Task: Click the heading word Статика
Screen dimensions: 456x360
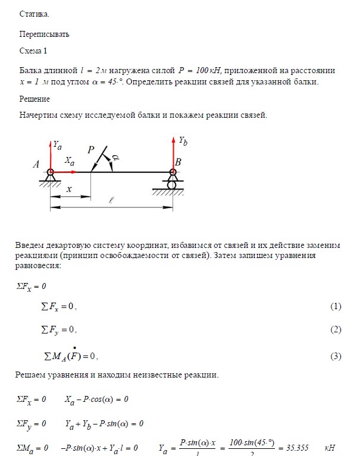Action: [x=34, y=13]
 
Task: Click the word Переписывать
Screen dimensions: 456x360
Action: [x=44, y=34]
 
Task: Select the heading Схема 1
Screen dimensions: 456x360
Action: [x=37, y=52]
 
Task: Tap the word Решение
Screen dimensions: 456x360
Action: [x=34, y=99]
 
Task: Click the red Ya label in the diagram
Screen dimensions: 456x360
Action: [x=57, y=144]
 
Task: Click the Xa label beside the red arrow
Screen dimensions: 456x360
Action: [x=69, y=161]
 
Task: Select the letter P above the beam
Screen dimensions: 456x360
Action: [x=91, y=150]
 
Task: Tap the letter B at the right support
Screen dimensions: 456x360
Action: [x=177, y=161]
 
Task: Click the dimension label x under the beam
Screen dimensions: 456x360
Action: [x=69, y=189]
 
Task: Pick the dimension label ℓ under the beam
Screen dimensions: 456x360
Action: [x=111, y=200]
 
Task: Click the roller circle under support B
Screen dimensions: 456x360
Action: [x=173, y=184]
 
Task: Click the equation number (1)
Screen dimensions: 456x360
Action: [x=336, y=306]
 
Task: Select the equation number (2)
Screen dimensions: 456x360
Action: [x=336, y=329]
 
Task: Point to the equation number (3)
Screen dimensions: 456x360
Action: [x=336, y=356]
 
